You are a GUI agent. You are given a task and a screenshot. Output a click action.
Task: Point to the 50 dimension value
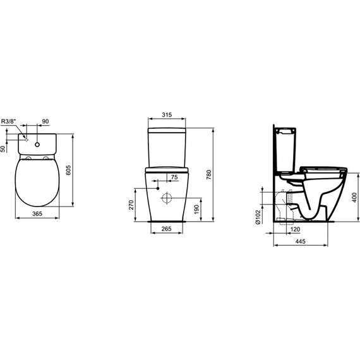pos(4,148)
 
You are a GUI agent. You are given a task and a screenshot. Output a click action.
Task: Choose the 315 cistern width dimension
pos(167,115)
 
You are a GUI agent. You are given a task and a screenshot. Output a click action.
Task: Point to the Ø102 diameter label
pos(259,217)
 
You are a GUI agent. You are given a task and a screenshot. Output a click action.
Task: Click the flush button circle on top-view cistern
pos(38,144)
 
